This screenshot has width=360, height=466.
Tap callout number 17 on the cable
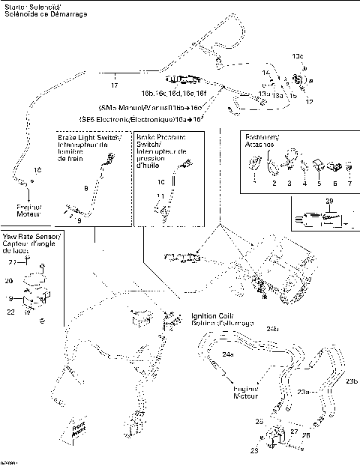coord(114,75)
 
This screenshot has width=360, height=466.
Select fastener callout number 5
coord(319,183)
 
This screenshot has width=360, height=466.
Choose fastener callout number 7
coord(349,183)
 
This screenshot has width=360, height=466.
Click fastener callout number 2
coord(274,183)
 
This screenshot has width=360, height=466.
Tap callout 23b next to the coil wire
coord(351,381)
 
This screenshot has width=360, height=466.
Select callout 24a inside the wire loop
coord(227,353)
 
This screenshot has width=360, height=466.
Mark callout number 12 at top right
coord(309,100)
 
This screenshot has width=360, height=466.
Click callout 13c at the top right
coord(298,56)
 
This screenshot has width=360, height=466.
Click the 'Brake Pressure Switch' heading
coord(160,139)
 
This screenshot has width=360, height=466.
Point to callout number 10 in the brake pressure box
coord(159,182)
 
